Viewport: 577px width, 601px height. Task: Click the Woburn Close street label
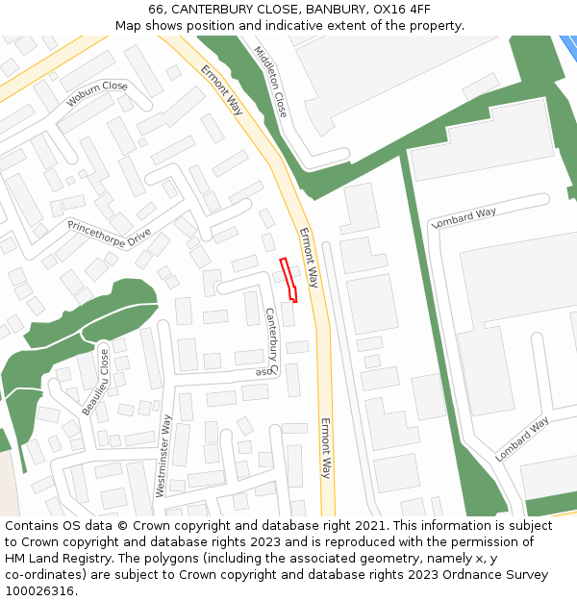coord(96,93)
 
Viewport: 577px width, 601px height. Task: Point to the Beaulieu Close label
coord(95,382)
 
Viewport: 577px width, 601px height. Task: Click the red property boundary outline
coord(288,280)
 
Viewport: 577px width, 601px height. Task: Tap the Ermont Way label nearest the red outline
coord(308,258)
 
